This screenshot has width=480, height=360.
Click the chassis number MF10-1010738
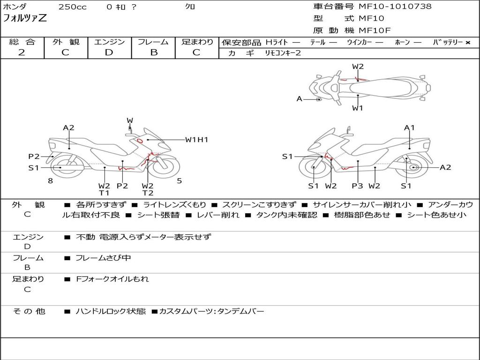coord(395,7)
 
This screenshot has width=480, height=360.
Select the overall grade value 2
coord(22,52)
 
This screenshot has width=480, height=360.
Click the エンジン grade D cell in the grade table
coord(109,52)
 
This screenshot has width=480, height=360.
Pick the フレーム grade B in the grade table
coord(153,52)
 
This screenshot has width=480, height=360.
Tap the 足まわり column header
coord(197,42)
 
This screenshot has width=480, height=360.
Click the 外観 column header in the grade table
coord(66,42)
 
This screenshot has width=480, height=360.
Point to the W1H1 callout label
coord(196,139)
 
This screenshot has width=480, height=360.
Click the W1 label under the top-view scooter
coord(358,108)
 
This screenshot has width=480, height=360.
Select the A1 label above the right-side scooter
coord(409,127)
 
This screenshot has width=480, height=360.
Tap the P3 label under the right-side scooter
coord(357,186)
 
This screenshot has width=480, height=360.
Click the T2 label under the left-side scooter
coord(148,193)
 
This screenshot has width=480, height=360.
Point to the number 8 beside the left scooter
coord(50,180)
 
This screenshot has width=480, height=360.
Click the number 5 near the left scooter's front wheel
coord(179,180)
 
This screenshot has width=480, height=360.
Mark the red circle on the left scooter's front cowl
coord(139,140)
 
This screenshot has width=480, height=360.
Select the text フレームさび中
coord(103,258)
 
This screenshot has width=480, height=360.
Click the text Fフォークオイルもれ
coord(112,279)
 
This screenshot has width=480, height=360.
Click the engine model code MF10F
coord(375,31)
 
